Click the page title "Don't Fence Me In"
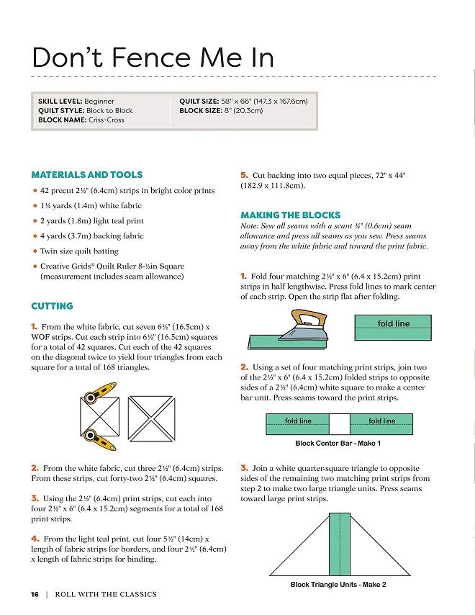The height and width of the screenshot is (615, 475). point(153,58)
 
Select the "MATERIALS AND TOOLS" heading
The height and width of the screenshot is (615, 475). point(87,174)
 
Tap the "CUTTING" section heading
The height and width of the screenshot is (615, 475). point(52,306)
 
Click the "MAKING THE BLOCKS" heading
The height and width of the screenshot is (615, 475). point(291,215)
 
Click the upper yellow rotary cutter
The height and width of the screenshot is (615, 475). point(99,393)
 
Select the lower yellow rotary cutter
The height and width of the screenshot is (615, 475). point(99,440)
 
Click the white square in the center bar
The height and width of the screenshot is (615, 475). point(340,424)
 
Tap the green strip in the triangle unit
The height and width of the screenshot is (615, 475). point(340,544)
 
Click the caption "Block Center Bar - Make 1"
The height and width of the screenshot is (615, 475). point(338,443)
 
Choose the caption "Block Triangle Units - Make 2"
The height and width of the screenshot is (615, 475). point(338,585)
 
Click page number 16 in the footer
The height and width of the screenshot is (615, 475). point(35,594)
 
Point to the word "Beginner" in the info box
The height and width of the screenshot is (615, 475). point(99,102)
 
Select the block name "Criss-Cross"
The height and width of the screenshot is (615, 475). point(107,120)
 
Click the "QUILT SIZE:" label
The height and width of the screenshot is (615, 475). point(199,102)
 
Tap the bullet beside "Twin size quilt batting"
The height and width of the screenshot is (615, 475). point(35,251)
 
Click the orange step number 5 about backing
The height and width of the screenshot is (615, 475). point(244,175)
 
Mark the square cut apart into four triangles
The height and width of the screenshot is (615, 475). point(152,418)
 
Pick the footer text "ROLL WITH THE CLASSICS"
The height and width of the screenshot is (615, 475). point(106,594)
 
